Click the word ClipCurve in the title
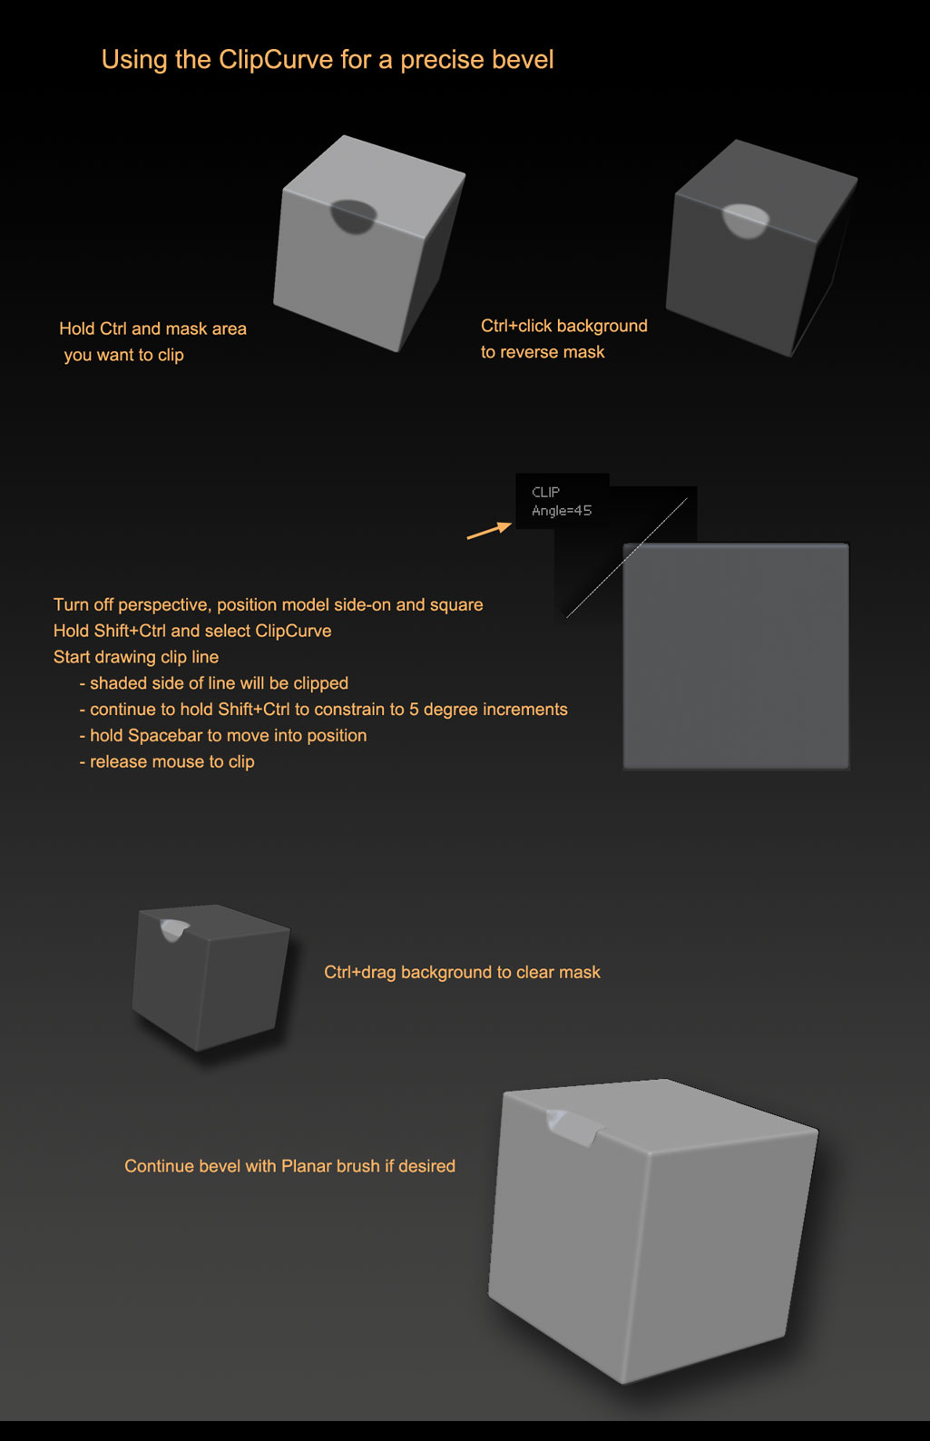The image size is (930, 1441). pyautogui.click(x=276, y=60)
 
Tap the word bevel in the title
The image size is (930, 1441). pyautogui.click(x=523, y=59)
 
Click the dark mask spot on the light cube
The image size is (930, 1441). pyautogui.click(x=353, y=215)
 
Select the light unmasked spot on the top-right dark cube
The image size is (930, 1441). pyautogui.click(x=746, y=221)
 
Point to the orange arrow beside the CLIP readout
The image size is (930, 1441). pyautogui.click(x=489, y=531)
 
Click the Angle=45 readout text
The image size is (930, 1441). pyautogui.click(x=562, y=511)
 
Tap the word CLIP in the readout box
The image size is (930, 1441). pyautogui.click(x=545, y=492)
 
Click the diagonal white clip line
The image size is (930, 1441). pyautogui.click(x=626, y=558)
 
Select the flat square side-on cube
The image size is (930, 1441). pyautogui.click(x=736, y=656)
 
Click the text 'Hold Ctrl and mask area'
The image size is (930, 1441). pyautogui.click(x=153, y=328)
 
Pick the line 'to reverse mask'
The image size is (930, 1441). pyautogui.click(x=543, y=352)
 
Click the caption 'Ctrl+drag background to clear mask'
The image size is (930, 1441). pyautogui.click(x=462, y=972)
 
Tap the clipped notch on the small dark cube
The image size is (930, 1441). pyautogui.click(x=173, y=929)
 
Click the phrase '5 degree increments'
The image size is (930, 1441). pyautogui.click(x=488, y=710)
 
